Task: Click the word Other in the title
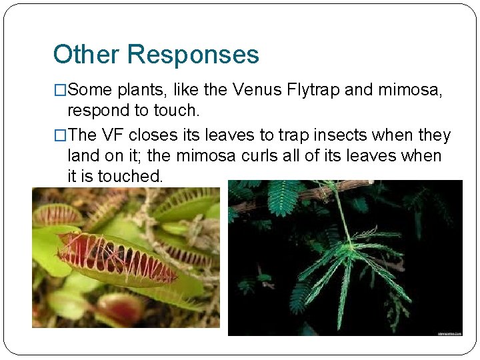click(81, 54)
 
